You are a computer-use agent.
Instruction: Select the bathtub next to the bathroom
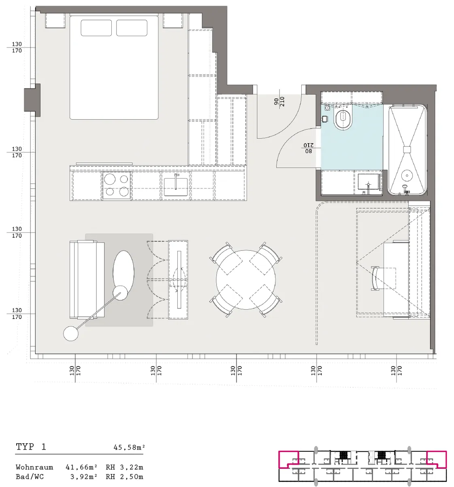[x=407, y=150]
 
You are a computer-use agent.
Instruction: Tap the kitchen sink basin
[x=175, y=187]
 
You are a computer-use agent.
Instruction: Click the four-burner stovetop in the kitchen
[x=117, y=185]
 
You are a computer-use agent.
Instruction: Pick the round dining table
[x=246, y=280]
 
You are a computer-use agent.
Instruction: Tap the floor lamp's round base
[x=71, y=334]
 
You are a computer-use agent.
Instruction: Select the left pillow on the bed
[x=96, y=28]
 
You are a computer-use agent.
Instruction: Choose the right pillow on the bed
[x=132, y=28]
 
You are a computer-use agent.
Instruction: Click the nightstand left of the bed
[x=55, y=20]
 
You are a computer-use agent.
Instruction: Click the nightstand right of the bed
[x=173, y=20]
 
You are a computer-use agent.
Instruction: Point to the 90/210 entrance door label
[x=279, y=101]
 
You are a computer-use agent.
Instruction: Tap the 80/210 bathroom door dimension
[x=308, y=148]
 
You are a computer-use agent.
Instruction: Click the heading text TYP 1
[x=31, y=446]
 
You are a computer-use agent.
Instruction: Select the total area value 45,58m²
[x=129, y=447]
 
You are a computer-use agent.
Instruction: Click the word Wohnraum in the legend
[x=34, y=467]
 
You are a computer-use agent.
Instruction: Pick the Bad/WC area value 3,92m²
[x=84, y=477]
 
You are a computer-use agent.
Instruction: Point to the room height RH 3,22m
[x=124, y=467]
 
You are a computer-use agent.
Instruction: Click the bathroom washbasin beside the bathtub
[x=368, y=182]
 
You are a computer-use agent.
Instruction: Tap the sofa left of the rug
[x=87, y=280]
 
